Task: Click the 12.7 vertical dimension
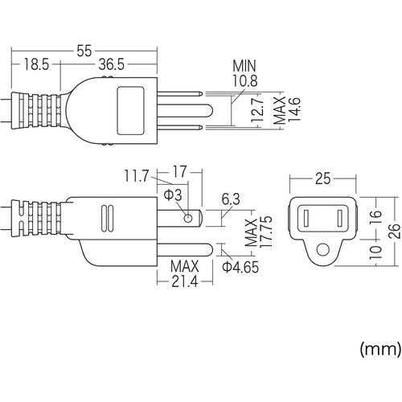(256, 115)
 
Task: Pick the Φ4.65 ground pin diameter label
(240, 267)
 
